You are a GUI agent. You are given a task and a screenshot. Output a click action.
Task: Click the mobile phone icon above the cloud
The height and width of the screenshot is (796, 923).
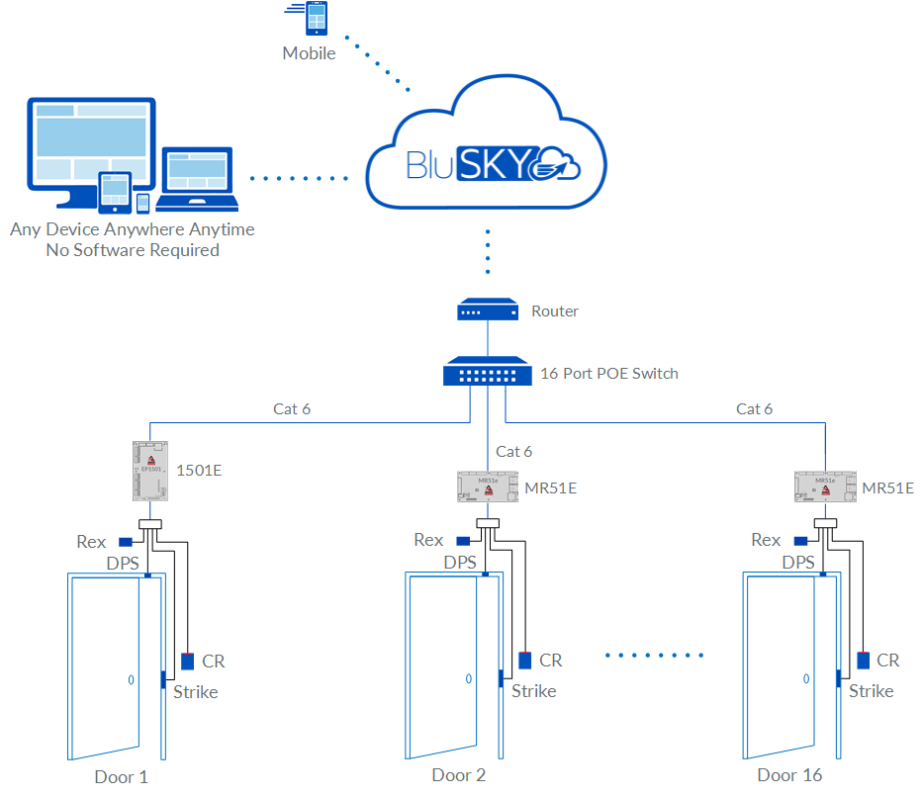317,21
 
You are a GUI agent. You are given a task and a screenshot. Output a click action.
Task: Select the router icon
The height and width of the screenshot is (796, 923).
488,311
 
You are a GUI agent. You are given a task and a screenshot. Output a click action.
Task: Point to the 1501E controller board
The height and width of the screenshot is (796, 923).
149,470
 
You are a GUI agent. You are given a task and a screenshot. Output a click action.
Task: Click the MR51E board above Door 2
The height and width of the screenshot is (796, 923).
488,486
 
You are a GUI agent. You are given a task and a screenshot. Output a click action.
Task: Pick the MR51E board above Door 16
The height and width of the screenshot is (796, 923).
825,486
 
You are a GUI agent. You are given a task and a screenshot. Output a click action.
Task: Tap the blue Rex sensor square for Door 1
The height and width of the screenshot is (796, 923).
126,542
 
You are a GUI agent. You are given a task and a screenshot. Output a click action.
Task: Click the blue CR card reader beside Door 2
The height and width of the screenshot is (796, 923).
525,660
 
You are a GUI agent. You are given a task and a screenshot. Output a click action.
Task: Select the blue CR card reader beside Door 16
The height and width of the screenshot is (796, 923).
864,660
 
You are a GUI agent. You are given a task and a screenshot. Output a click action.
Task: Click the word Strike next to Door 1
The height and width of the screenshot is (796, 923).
196,691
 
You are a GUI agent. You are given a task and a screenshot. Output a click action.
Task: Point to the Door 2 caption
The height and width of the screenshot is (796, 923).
459,775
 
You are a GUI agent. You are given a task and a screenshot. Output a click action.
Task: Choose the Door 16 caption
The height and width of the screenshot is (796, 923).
789,775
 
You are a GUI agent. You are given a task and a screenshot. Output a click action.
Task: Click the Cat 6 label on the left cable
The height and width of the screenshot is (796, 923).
292,408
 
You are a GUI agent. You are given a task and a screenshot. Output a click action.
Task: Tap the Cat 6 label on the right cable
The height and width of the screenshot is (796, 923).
755,408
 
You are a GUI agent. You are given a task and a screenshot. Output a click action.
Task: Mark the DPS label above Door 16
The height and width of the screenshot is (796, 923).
798,562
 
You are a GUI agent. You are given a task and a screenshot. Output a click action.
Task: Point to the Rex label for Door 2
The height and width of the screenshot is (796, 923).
428,540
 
